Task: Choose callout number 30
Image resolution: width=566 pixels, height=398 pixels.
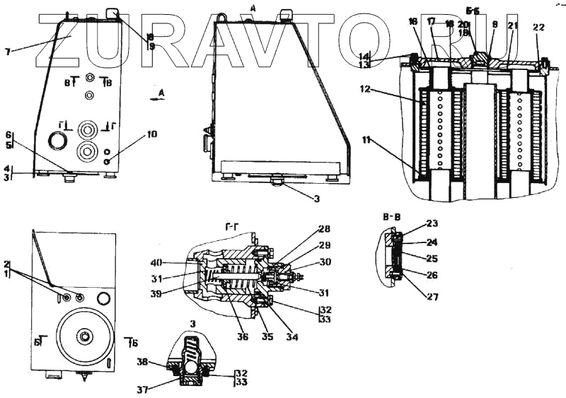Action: click(325, 262)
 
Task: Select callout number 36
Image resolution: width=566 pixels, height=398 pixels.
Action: click(243, 337)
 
